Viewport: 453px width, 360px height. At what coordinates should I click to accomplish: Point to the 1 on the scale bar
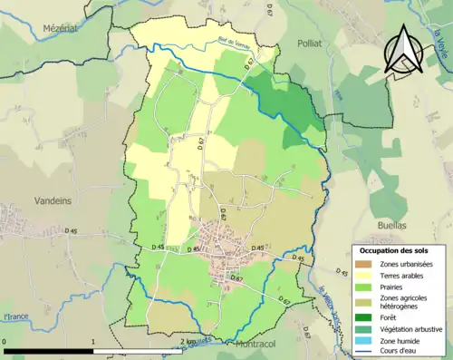(x=93, y=343)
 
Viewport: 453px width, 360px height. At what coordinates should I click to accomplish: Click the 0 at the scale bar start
(x=5, y=343)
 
